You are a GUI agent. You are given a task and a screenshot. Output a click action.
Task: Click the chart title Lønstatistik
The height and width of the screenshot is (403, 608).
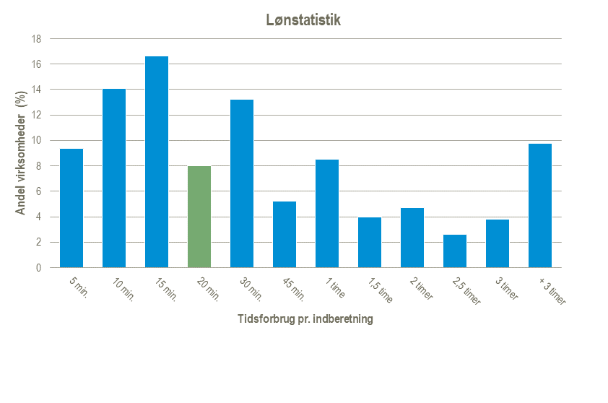pyautogui.click(x=303, y=20)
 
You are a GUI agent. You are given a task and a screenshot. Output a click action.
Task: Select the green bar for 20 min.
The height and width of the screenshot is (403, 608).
pyautogui.click(x=199, y=217)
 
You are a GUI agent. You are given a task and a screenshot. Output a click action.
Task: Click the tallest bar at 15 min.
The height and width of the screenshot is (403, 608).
pyautogui.click(x=157, y=162)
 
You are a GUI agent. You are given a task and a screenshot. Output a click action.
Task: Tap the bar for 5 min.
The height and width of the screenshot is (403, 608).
pyautogui.click(x=71, y=208)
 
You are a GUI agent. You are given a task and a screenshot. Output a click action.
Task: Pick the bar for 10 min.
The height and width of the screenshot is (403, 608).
pyautogui.click(x=114, y=178)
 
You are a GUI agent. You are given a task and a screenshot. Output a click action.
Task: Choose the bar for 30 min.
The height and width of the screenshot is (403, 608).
pyautogui.click(x=242, y=183)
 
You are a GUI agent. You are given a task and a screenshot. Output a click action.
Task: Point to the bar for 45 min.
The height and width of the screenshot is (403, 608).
pyautogui.click(x=285, y=234)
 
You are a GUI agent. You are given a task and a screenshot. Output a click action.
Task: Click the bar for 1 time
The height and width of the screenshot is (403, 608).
pyautogui.click(x=327, y=213)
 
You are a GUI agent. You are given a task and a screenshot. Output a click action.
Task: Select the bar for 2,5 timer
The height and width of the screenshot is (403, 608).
pyautogui.click(x=455, y=251)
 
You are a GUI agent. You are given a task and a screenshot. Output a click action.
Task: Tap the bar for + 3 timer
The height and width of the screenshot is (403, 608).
pyautogui.click(x=540, y=206)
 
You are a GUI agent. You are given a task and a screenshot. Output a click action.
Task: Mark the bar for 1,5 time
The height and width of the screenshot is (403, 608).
pyautogui.click(x=370, y=242)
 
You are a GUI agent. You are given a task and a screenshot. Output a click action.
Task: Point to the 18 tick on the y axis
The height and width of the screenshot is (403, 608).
pyautogui.click(x=36, y=39)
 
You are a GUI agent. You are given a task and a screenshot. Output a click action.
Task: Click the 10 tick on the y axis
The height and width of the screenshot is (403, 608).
pyautogui.click(x=36, y=141)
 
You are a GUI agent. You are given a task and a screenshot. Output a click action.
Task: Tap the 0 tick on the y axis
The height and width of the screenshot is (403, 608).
pyautogui.click(x=38, y=268)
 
